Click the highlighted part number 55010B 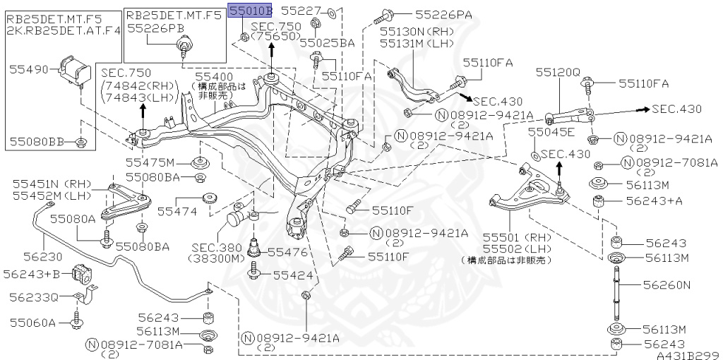(250, 11)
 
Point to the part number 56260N (666, 285)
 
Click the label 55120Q (557, 72)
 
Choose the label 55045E (551, 131)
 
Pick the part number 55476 (287, 251)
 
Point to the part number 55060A (32, 323)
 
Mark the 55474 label (175, 210)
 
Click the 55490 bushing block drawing (75, 68)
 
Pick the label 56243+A (655, 201)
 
